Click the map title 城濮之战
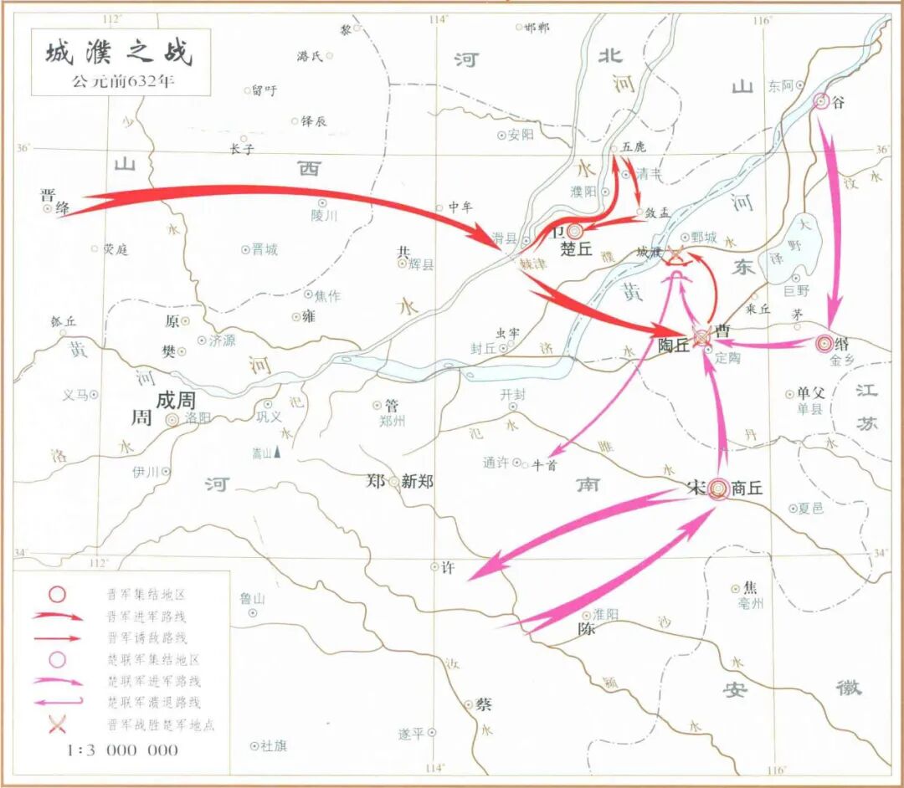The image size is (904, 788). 118,52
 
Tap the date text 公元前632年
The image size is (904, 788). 118,83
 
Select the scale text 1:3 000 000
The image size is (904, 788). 122,750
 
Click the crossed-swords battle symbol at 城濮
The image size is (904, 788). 674,258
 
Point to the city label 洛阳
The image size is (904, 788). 198,419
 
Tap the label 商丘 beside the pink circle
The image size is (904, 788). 747,489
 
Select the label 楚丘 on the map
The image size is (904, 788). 576,248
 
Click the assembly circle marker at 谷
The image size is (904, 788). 821,102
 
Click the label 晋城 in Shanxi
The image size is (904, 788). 265,249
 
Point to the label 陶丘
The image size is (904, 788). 673,345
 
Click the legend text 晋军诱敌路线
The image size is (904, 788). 146,638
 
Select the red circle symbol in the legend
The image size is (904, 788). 57,595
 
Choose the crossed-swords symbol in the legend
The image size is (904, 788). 57,725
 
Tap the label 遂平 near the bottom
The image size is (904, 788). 411,734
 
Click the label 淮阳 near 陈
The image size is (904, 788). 606,614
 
